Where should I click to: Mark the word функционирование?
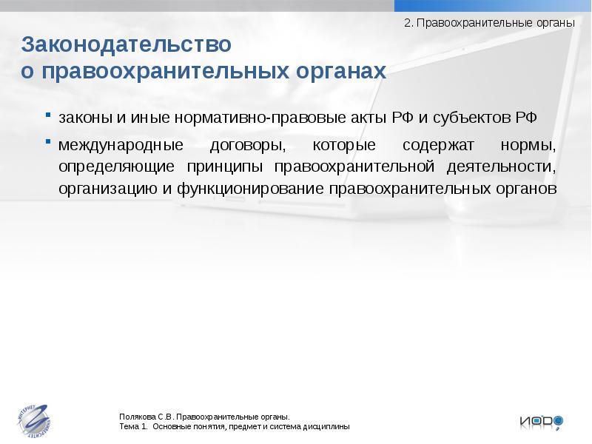pyautogui.click(x=251, y=189)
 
